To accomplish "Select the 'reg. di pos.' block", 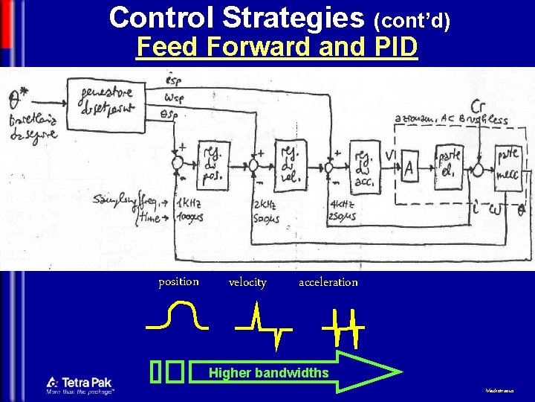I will click(213, 165).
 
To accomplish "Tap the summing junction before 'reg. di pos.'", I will click(178, 162).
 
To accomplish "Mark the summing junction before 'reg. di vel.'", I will click(254, 162).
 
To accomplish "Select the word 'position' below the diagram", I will click(178, 281).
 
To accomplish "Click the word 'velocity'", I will click(247, 282).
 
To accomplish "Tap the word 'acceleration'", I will click(328, 282).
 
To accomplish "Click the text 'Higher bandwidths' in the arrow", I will click(268, 372).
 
